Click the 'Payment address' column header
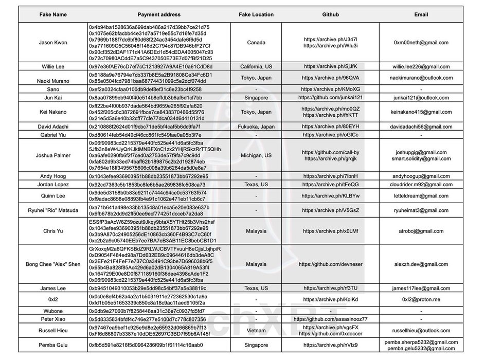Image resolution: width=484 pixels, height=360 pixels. (x=158, y=14)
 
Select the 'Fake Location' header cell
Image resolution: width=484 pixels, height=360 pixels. (x=256, y=14)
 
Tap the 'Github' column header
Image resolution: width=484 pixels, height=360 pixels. (x=330, y=14)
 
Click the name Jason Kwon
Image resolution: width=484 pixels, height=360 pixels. (x=53, y=42)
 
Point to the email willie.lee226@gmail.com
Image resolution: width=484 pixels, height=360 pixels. (x=421, y=66)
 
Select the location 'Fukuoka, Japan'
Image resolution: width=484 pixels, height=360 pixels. (x=256, y=126)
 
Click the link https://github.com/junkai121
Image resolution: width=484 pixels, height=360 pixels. (x=330, y=97)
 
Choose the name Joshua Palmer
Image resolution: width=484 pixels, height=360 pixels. (x=53, y=155)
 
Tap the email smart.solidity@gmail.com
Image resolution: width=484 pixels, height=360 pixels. (x=421, y=159)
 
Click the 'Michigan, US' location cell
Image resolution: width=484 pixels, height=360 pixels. (x=256, y=155)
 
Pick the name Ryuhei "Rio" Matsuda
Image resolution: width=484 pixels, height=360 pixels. (x=53, y=210)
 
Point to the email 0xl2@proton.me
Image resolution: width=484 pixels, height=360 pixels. (x=421, y=299)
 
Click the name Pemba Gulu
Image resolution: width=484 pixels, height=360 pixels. (x=53, y=345)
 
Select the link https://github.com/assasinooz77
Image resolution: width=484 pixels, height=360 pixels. (x=330, y=319)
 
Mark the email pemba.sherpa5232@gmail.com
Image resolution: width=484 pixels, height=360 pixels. (x=421, y=342)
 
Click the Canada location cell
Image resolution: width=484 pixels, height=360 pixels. (x=256, y=42)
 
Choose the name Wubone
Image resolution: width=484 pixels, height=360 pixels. (x=53, y=311)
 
